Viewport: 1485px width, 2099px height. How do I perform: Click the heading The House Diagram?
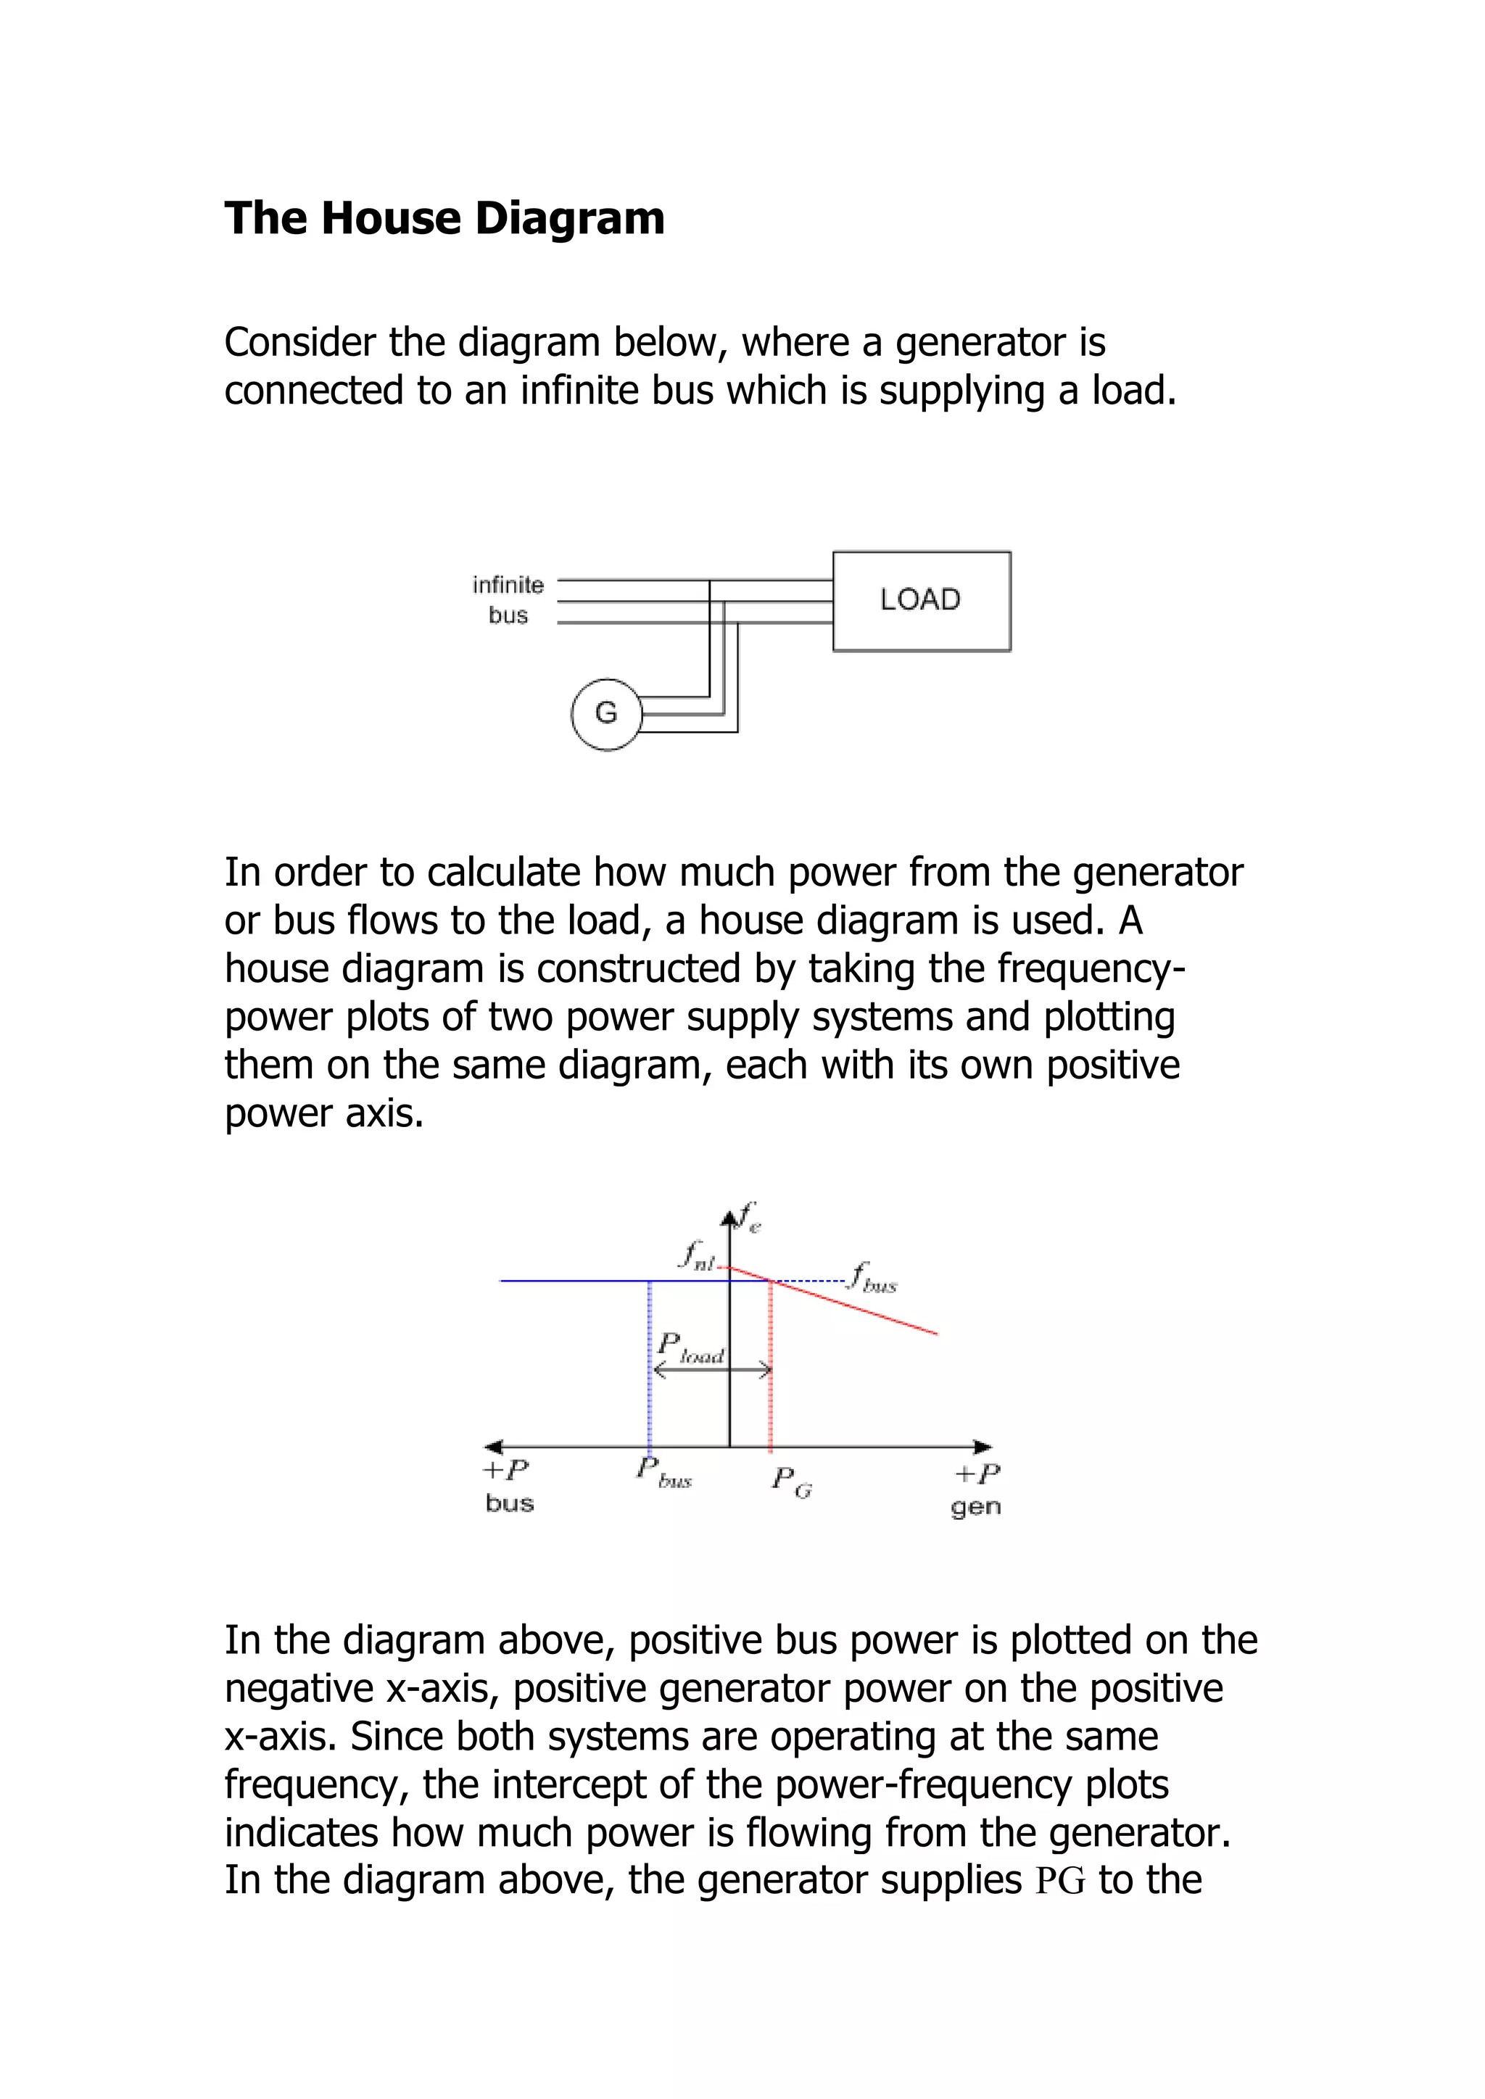(x=444, y=218)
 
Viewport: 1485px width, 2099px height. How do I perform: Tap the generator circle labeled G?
(x=606, y=714)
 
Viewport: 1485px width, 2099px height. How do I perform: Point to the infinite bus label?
(x=508, y=599)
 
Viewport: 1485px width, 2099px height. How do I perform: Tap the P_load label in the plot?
(x=690, y=1347)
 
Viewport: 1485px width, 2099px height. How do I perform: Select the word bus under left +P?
(x=509, y=1504)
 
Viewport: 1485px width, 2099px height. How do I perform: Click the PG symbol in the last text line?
(x=1061, y=1882)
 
